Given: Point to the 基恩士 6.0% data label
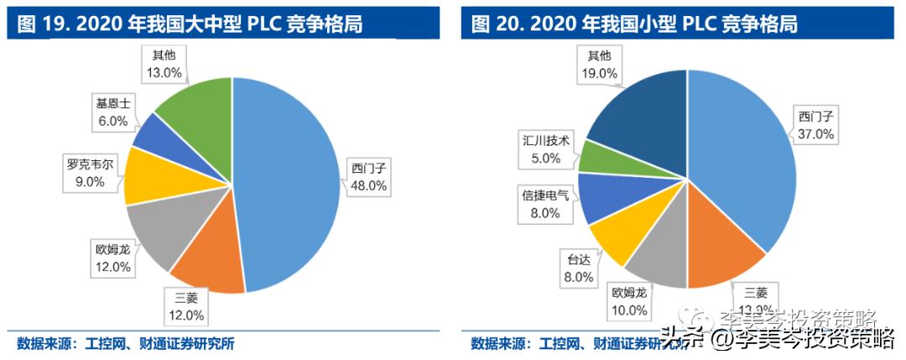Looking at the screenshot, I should [x=112, y=113].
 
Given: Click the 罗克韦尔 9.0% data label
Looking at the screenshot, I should [x=87, y=173].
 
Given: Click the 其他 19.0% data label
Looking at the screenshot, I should [x=599, y=65].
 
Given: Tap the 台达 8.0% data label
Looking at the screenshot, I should [x=579, y=267].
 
